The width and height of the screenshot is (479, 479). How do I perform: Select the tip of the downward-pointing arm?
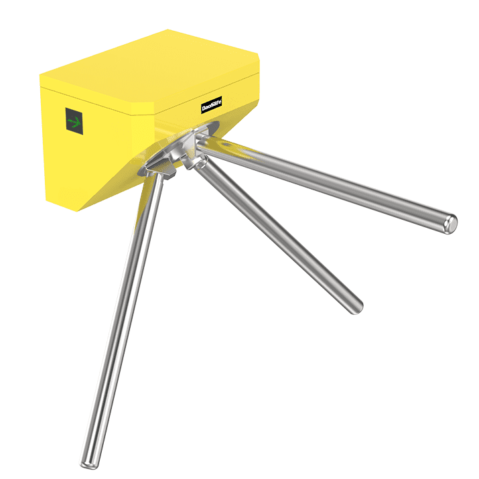(x=87, y=462)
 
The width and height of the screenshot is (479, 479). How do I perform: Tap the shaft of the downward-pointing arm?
(x=121, y=322)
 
